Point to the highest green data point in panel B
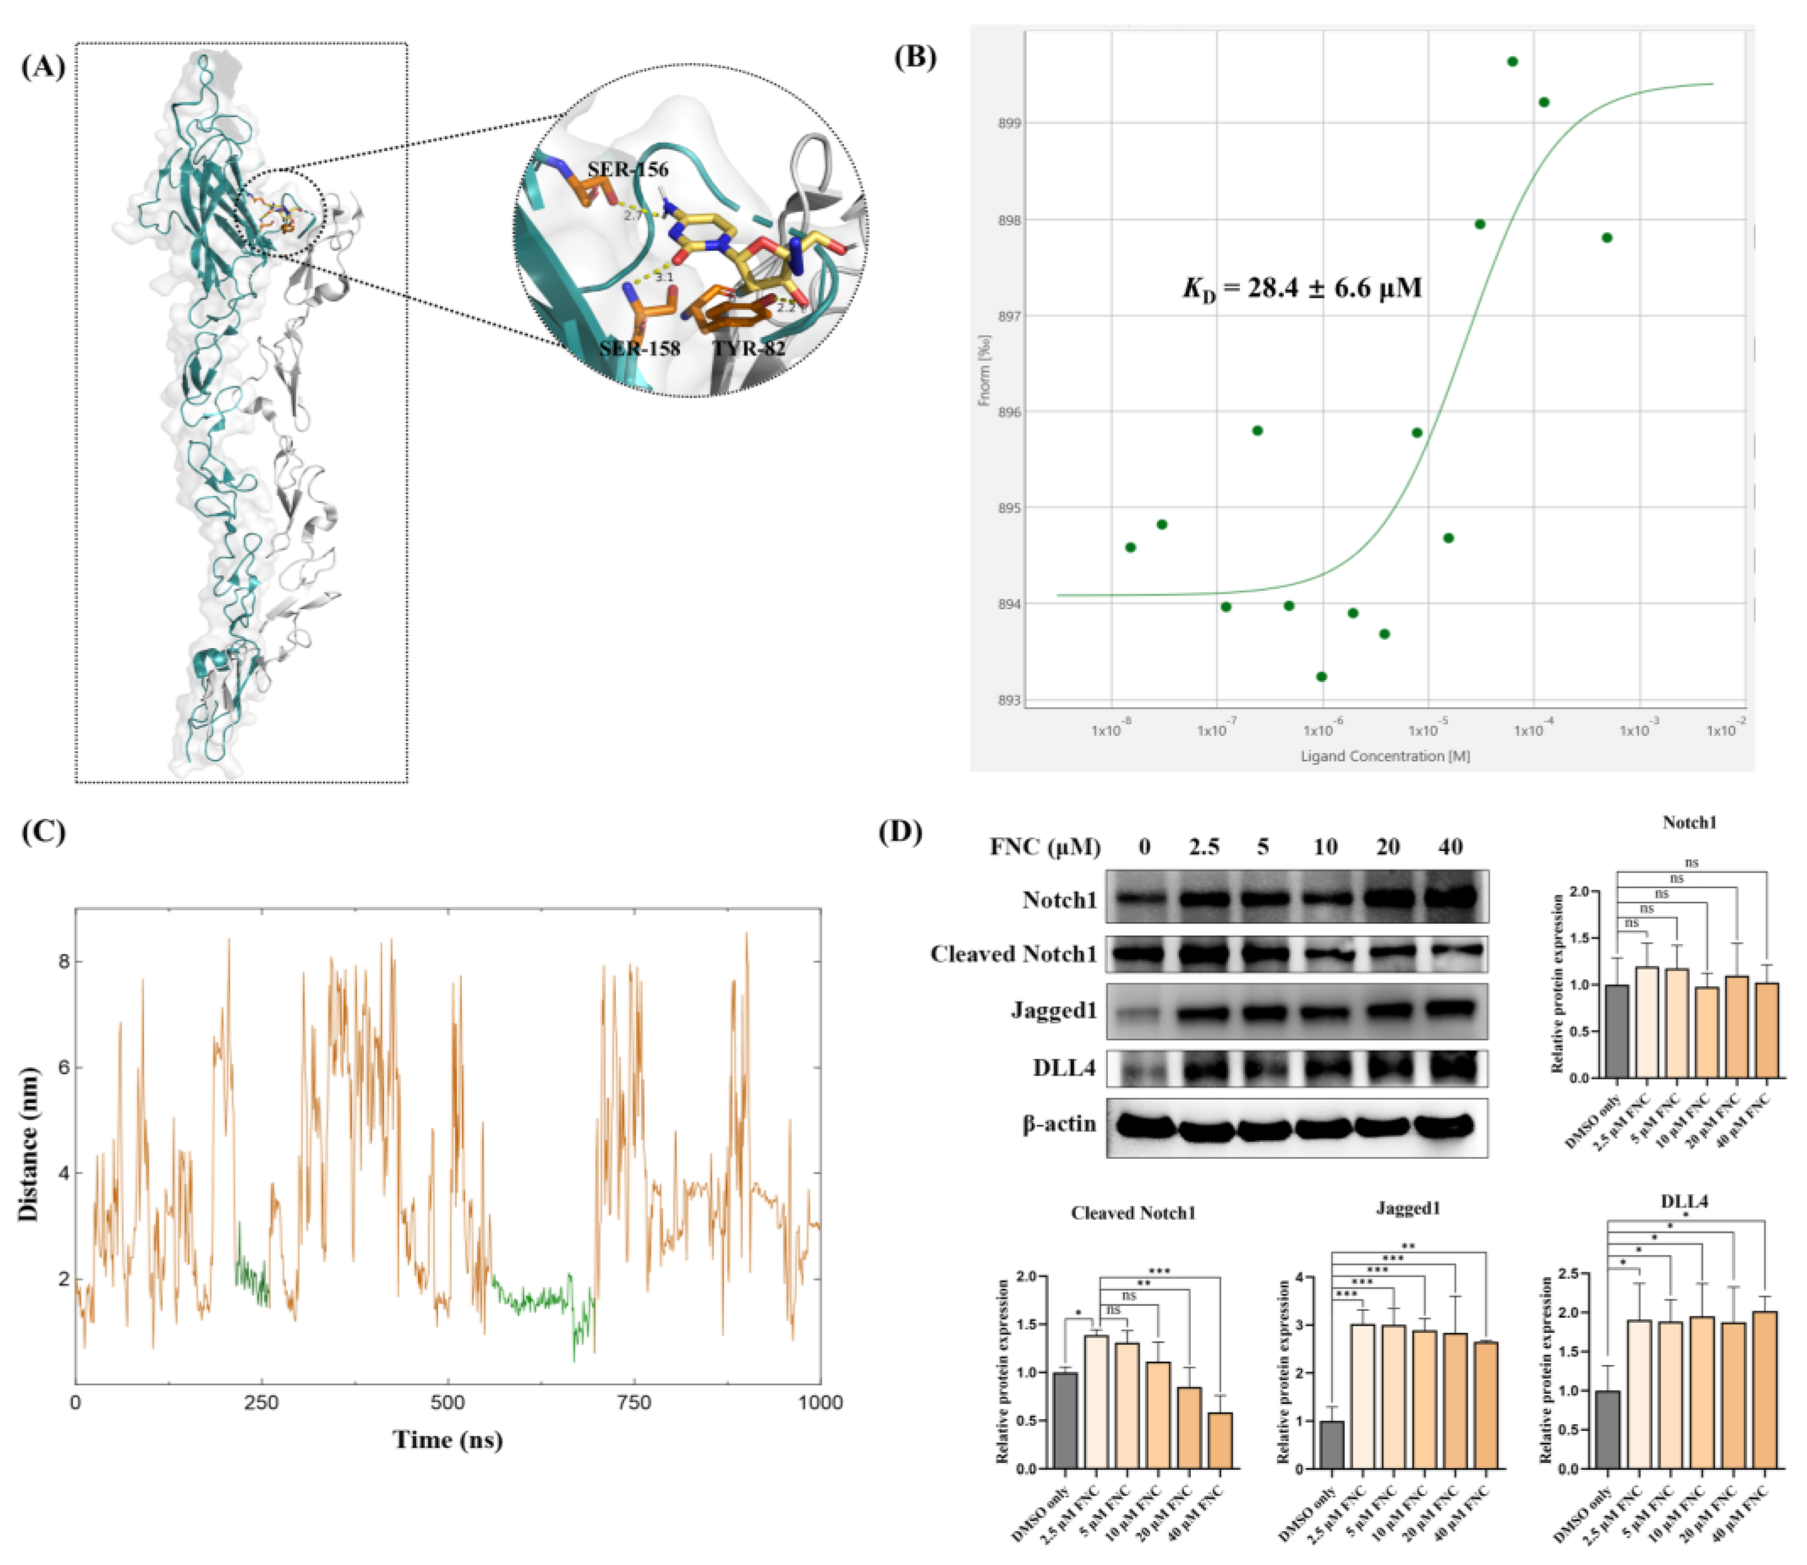pos(1512,62)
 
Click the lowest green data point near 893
pos(1321,677)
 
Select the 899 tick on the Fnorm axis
pos(1009,123)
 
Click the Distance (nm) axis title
pos(30,1144)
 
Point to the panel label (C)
pos(44,831)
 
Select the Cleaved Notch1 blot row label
pos(1013,953)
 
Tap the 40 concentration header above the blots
pos(1450,846)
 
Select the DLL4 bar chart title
pos(1684,1202)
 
